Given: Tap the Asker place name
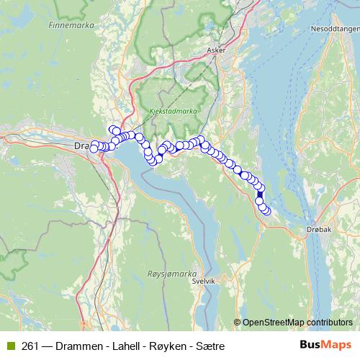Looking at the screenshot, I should [x=215, y=51].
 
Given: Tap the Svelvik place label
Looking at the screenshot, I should [x=204, y=282].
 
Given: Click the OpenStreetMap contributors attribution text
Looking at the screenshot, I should [x=297, y=322].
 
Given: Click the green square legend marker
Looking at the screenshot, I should [x=10, y=346].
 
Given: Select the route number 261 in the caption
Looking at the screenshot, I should [x=30, y=346].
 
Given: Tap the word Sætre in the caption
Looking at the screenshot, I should [x=210, y=346].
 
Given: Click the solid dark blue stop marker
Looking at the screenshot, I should [x=260, y=194].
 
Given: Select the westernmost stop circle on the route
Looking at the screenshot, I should [x=94, y=148].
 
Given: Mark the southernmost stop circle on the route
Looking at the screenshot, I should [x=266, y=210].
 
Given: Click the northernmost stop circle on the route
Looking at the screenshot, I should [x=113, y=130].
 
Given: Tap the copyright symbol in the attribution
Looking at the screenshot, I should [x=238, y=322].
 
